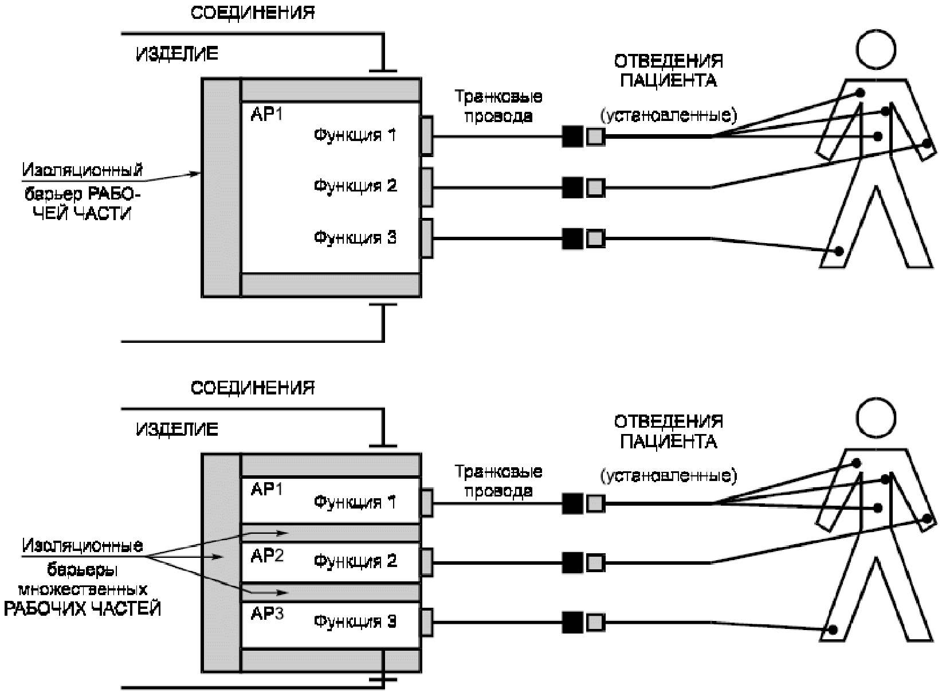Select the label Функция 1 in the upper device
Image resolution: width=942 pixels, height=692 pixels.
click(x=355, y=135)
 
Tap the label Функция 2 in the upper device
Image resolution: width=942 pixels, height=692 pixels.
click(x=355, y=186)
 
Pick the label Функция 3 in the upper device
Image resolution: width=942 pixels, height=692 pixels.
click(x=355, y=237)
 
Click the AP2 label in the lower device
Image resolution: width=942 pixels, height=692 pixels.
click(x=267, y=556)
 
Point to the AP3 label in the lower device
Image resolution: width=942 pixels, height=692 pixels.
click(x=267, y=615)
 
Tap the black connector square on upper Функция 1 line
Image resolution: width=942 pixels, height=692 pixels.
click(x=572, y=136)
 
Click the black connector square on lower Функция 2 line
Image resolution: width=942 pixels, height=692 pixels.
click(x=572, y=562)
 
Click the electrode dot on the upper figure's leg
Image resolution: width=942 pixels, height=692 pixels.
click(x=839, y=251)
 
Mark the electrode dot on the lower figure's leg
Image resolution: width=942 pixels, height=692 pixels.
click(x=833, y=630)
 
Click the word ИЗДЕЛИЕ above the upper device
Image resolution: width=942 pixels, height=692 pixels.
click(x=177, y=54)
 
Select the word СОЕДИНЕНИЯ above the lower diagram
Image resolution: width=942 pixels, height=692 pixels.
click(x=253, y=388)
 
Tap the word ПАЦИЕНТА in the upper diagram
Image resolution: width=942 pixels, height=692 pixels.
click(x=668, y=80)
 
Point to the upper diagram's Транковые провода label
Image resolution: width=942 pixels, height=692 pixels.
click(x=499, y=106)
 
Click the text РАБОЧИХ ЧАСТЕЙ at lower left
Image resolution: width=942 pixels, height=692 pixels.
click(x=82, y=609)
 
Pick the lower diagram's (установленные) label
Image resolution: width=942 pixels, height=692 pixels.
click(x=668, y=475)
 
